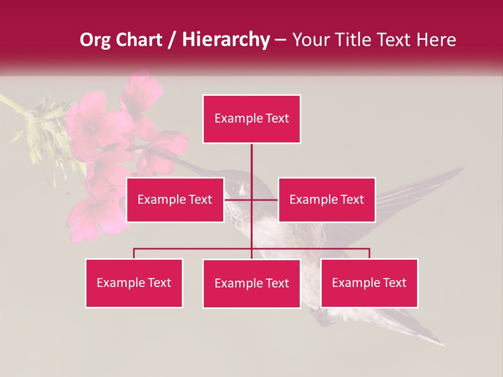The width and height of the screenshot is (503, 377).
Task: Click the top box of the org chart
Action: pyautogui.click(x=251, y=119)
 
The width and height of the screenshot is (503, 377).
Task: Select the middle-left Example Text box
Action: pyautogui.click(x=175, y=199)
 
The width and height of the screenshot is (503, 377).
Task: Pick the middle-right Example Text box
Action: pyautogui.click(x=326, y=199)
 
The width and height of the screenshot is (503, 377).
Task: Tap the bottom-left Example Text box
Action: pyautogui.click(x=134, y=283)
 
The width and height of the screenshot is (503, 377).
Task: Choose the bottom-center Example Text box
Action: pyautogui.click(x=251, y=283)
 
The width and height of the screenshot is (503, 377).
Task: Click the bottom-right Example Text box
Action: pyautogui.click(x=369, y=283)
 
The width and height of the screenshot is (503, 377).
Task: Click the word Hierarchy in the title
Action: pyautogui.click(x=226, y=40)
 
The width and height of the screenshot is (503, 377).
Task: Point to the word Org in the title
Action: pyautogui.click(x=95, y=40)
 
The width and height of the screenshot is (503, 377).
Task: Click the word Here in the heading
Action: pyautogui.click(x=436, y=40)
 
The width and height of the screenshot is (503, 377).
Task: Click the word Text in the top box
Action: pyautogui.click(x=276, y=119)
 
